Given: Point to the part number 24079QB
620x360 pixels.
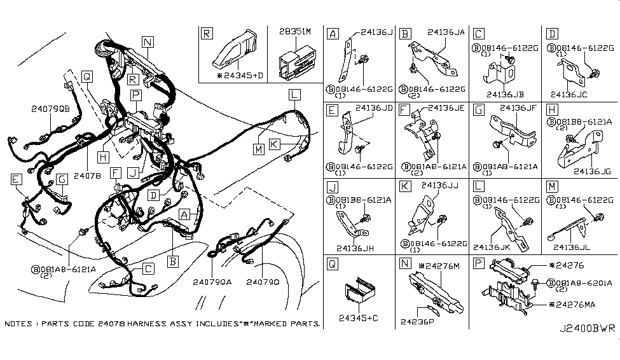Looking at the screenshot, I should (50, 109).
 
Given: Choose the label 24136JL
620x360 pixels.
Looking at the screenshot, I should (572, 248).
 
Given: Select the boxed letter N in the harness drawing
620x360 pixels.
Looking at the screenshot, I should (148, 43).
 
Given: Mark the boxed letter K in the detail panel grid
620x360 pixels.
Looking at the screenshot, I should (406, 186).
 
